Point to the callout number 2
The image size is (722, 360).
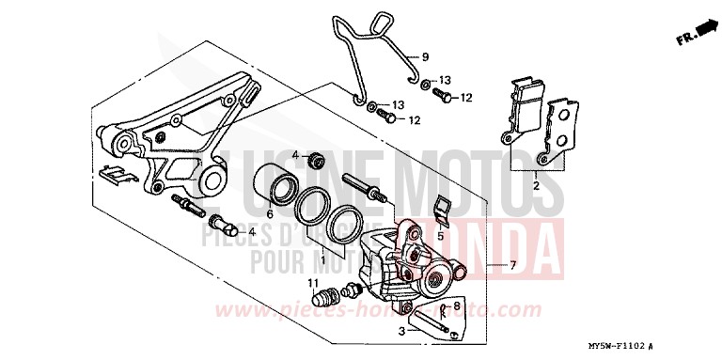[x=537, y=187]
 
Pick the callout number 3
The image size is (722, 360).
[x=401, y=332]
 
